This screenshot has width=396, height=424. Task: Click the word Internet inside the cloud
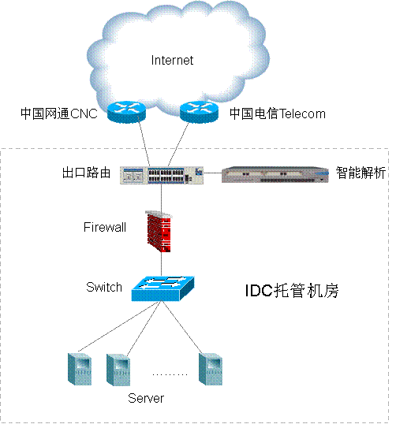[172, 60]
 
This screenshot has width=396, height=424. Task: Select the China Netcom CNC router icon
[126, 112]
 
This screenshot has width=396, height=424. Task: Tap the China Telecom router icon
[199, 112]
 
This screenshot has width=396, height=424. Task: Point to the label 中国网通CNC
[59, 113]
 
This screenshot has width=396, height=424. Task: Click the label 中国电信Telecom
[278, 113]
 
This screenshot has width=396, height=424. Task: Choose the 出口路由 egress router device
[162, 175]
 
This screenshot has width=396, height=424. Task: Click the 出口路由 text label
[86, 173]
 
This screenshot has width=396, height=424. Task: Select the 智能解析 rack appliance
[275, 174]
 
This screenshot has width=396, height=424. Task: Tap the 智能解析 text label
[361, 173]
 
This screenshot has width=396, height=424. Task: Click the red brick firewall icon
[159, 232]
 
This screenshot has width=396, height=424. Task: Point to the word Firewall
[105, 227]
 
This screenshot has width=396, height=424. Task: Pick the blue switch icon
[163, 288]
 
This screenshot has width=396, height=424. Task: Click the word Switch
[104, 287]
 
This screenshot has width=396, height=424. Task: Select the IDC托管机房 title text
[292, 291]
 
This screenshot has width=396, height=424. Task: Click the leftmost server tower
[80, 369]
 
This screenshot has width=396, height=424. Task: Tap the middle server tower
[118, 370]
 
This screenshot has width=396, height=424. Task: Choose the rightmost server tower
[211, 369]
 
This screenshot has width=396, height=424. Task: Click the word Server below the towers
[146, 398]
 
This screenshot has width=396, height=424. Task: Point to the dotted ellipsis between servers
[170, 375]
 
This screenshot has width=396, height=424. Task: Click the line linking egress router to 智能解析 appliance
[212, 173]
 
